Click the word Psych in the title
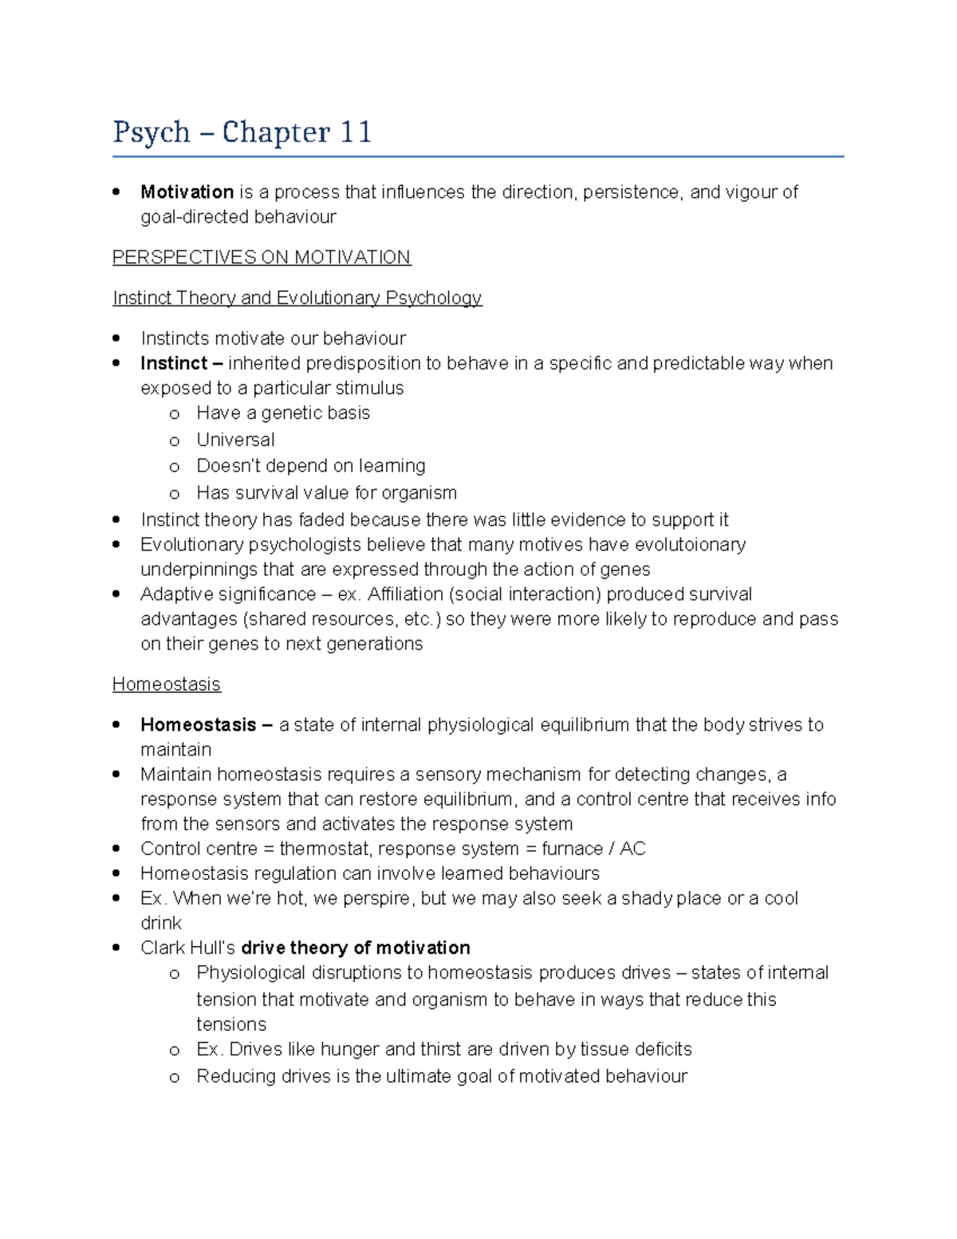(x=152, y=132)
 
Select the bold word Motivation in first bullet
(x=187, y=192)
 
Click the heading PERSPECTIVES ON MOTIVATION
(x=262, y=257)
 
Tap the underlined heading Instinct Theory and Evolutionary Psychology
(x=297, y=298)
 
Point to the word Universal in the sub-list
(x=235, y=440)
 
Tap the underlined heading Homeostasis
(x=167, y=685)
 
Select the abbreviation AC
(x=632, y=849)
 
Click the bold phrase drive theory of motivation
(x=356, y=948)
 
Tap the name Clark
(x=163, y=948)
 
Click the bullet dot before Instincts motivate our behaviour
(x=117, y=337)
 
